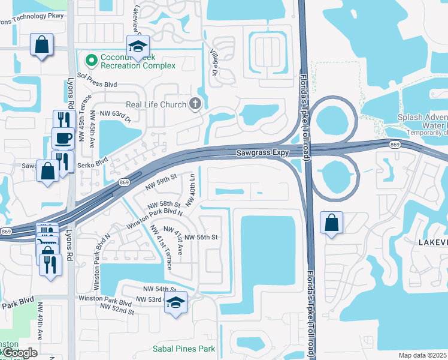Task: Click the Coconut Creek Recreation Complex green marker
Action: pos(92,60)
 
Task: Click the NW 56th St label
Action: pos(200,237)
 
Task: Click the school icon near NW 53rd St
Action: pos(175,302)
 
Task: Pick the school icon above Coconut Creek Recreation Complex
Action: pos(137,46)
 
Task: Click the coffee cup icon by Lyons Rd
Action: pos(63,138)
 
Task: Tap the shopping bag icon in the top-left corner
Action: pos(42,44)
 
